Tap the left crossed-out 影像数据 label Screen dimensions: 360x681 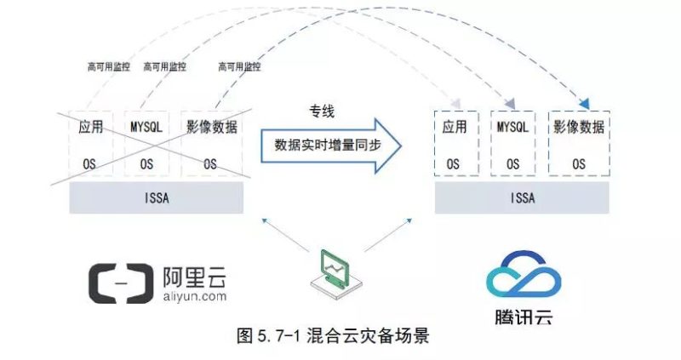click(213, 127)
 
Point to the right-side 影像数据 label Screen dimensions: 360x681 click(579, 128)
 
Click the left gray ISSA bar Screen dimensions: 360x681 click(157, 198)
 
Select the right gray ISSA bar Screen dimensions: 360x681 click(522, 198)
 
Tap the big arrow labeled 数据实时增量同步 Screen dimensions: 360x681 click(326, 145)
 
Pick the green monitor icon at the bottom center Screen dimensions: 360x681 click(336, 271)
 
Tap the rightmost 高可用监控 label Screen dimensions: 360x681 click(239, 66)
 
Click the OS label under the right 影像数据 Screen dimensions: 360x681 click(579, 163)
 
